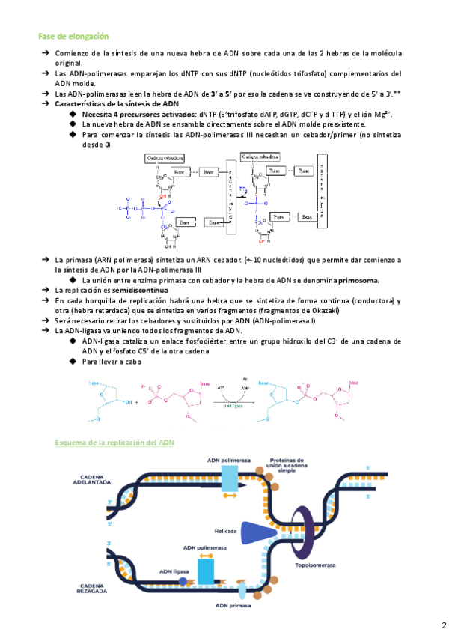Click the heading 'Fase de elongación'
tap(73, 36)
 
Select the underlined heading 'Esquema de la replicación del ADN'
tap(114, 443)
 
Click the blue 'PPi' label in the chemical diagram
tap(242, 189)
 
